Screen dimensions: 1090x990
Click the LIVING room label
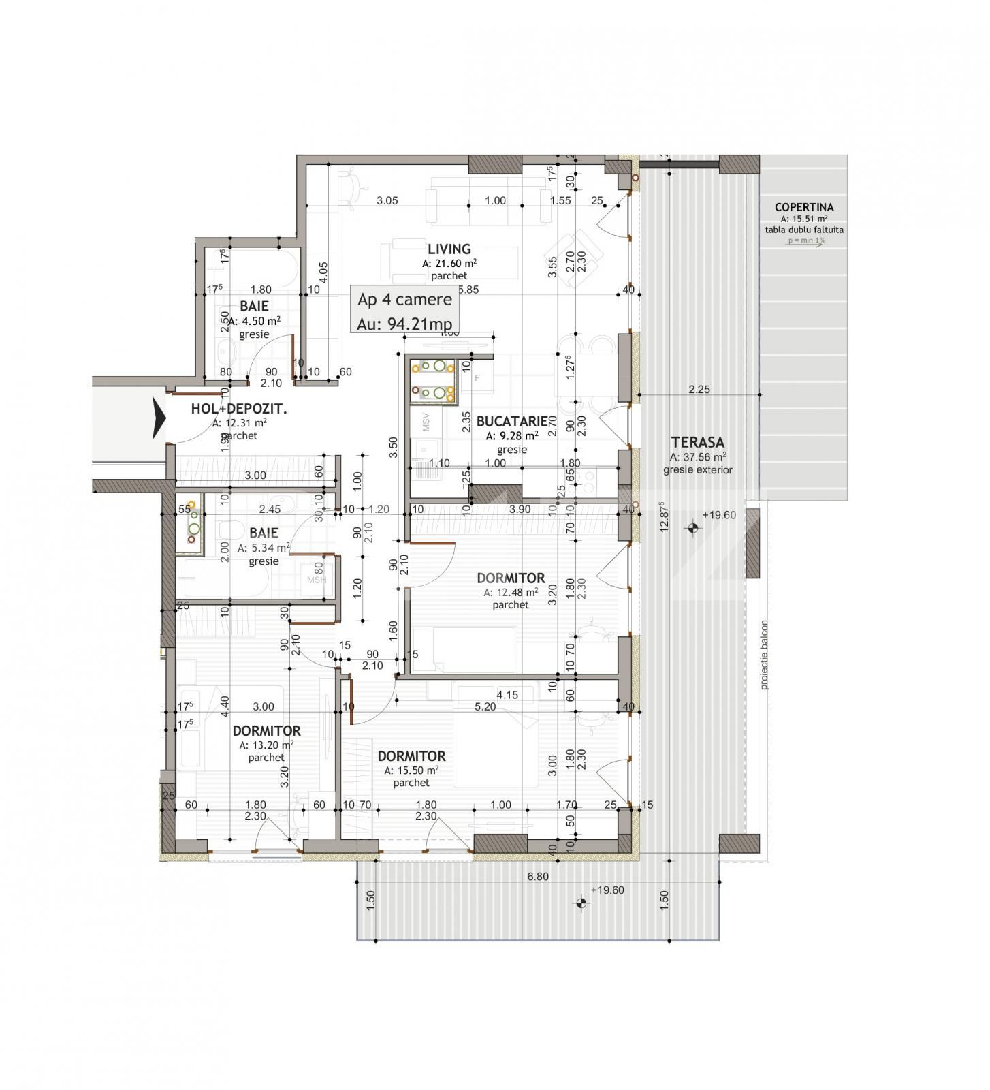click(x=449, y=249)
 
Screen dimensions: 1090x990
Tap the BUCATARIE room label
click(x=511, y=422)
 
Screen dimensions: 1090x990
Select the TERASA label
click(x=697, y=442)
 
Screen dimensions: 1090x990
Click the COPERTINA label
click(x=803, y=207)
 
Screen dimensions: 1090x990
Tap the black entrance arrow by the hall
click(x=159, y=418)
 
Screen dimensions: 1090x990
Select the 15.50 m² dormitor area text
click(x=411, y=770)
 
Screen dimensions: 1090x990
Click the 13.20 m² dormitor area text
click(x=266, y=745)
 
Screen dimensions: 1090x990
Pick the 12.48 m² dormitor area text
click(x=511, y=593)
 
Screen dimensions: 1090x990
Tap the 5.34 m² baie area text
click(x=264, y=548)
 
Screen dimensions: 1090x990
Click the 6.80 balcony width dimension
click(x=537, y=877)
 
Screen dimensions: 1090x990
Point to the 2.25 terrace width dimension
click(x=699, y=390)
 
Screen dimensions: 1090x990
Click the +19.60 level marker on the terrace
click(x=718, y=515)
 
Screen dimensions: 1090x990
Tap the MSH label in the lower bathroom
click(x=316, y=580)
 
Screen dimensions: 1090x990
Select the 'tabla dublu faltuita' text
click(x=803, y=230)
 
